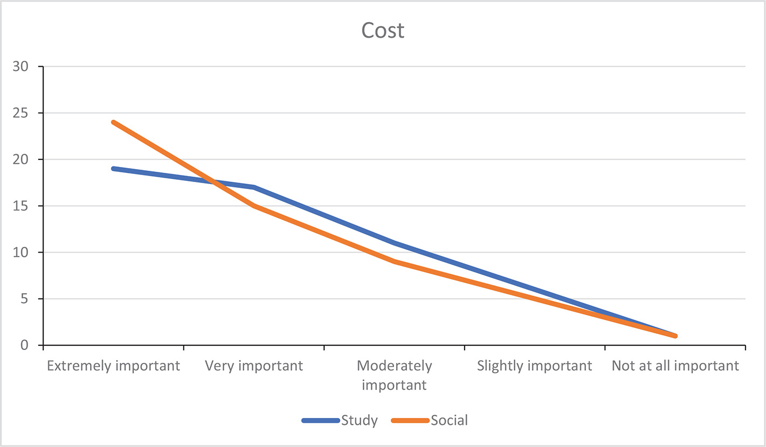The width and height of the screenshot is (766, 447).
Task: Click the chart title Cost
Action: [383, 31]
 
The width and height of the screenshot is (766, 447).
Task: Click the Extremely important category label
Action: [113, 366]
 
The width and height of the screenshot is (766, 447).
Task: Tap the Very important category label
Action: [254, 366]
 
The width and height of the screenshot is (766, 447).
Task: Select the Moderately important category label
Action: [394, 375]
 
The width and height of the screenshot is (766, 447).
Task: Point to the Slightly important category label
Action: [535, 366]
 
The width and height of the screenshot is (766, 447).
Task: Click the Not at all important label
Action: [675, 366]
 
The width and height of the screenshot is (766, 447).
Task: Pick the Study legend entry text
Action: [359, 421]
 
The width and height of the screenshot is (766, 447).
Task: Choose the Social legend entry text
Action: [450, 421]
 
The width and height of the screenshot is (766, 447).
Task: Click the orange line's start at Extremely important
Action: [113, 122]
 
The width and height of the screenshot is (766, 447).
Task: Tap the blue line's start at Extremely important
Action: [113, 169]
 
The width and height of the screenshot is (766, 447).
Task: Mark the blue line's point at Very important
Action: [254, 187]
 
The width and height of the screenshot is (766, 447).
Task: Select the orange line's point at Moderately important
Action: [394, 261]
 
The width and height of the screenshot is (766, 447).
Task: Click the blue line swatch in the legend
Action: [321, 421]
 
